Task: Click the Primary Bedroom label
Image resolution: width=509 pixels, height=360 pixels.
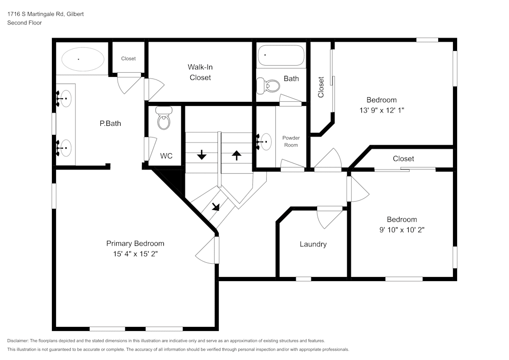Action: tap(135, 243)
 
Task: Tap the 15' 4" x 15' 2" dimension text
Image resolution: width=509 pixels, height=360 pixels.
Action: tap(135, 254)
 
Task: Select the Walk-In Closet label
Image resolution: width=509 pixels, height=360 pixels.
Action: tap(200, 72)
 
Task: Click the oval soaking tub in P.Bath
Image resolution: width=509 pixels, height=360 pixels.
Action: tap(83, 60)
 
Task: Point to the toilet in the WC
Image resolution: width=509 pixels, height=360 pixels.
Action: tap(163, 118)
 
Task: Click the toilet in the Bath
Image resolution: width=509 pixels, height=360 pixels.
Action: tap(268, 86)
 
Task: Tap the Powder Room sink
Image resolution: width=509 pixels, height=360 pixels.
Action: tap(265, 142)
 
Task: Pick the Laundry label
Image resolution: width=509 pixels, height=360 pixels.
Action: tap(313, 244)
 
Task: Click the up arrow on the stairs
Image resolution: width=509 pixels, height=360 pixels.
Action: tap(237, 155)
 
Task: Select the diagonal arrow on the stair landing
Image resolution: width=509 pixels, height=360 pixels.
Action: tap(216, 207)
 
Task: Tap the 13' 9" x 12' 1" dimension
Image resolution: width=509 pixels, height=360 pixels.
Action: tap(382, 110)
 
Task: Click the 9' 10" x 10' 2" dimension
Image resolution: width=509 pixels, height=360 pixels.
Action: tap(402, 230)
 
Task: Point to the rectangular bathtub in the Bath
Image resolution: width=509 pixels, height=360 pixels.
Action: tap(281, 56)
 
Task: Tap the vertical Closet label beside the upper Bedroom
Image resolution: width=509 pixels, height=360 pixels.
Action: tap(321, 87)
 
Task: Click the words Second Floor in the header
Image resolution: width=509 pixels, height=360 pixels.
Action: tap(24, 23)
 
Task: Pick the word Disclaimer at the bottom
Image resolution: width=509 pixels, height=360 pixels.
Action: tap(17, 341)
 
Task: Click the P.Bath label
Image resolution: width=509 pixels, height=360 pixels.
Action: tap(110, 123)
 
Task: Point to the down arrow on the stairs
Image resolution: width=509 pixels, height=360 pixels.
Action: tap(202, 154)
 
